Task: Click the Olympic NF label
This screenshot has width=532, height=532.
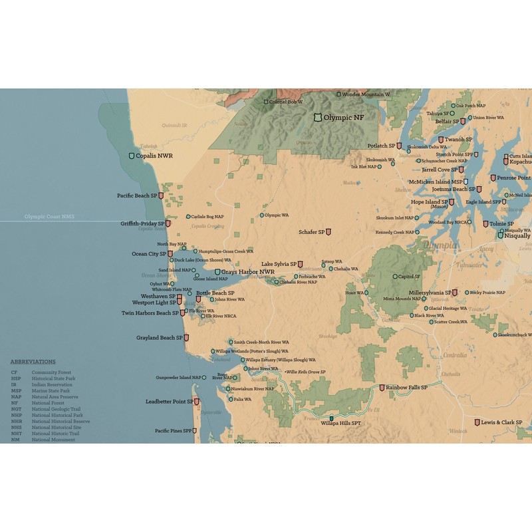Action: [348, 118]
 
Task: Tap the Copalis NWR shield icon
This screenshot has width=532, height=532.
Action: [132, 156]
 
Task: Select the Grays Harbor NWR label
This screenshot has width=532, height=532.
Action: [247, 272]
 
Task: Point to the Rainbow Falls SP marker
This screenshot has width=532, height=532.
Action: [382, 388]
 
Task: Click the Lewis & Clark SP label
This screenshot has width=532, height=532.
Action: [501, 422]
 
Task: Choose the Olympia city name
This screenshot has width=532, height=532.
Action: [440, 245]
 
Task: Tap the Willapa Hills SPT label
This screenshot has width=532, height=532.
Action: [340, 422]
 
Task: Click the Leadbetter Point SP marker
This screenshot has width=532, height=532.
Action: [198, 402]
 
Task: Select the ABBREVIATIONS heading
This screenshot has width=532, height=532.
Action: [33, 362]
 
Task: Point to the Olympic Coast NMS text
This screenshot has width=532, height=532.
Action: [50, 217]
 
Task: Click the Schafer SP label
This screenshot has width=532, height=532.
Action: [311, 232]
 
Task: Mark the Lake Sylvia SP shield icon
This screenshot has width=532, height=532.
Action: [301, 264]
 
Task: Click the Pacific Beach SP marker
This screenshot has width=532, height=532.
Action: [161, 196]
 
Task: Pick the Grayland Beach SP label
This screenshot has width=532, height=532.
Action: [160, 338]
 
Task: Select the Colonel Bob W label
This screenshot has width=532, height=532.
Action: [286, 102]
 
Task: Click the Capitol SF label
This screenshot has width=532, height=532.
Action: [410, 277]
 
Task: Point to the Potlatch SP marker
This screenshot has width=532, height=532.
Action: [399, 146]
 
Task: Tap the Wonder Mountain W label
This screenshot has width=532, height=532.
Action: [366, 94]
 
